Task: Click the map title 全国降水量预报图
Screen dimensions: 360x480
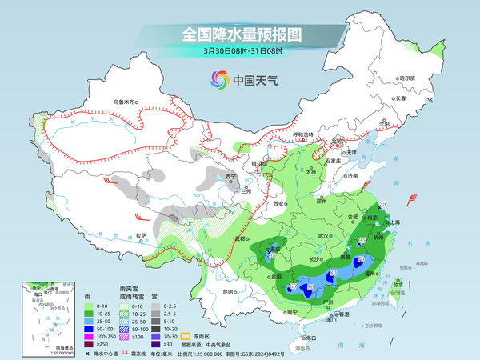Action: tap(240, 34)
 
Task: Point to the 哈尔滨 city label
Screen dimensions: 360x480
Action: tap(408, 78)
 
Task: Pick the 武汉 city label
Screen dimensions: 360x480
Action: tap(324, 236)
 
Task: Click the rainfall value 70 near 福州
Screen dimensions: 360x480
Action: tap(361, 260)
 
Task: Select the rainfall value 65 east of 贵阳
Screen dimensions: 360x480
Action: tap(293, 286)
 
